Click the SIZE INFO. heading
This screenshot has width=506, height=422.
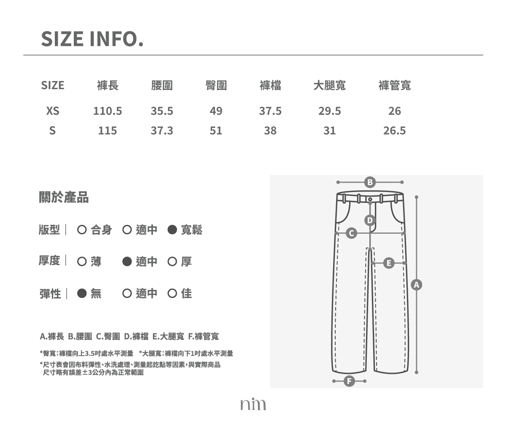(x=92, y=39)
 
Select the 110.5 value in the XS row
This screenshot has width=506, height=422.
(x=108, y=111)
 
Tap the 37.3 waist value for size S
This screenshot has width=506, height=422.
(x=162, y=131)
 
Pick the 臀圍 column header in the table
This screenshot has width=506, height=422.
(x=216, y=85)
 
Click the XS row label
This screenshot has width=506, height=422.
(x=53, y=111)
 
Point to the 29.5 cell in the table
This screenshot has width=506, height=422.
(x=330, y=111)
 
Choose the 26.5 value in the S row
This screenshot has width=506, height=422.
(x=395, y=131)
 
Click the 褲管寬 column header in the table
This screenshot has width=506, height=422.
(x=395, y=85)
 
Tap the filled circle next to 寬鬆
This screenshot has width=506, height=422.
(x=172, y=230)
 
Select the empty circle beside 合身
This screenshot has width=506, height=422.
(x=82, y=230)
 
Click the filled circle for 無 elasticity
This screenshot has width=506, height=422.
(x=82, y=293)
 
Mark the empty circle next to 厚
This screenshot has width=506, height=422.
(x=172, y=262)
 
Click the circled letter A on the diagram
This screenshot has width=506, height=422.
(x=417, y=285)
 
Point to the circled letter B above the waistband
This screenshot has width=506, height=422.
(x=370, y=182)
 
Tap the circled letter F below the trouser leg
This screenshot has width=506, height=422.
(x=349, y=381)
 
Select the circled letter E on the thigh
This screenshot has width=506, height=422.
(x=389, y=263)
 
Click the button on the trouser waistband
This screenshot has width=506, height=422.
(x=370, y=199)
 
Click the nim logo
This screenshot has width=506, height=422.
(x=253, y=404)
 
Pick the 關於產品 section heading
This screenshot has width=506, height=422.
(x=64, y=197)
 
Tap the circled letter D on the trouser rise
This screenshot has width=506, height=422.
(x=370, y=220)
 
